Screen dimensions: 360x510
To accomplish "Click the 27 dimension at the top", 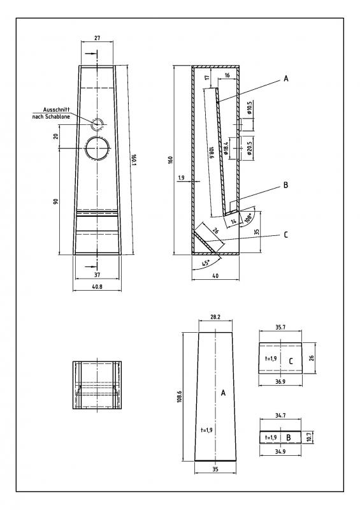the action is [97, 38].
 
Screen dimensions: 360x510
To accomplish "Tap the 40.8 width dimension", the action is [97, 286].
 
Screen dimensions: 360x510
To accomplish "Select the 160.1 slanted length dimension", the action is [134, 159].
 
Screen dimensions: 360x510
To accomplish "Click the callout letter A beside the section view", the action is [286, 78].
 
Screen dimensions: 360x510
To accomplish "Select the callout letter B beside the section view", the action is [286, 185].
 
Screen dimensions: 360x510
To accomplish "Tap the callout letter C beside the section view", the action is [286, 235].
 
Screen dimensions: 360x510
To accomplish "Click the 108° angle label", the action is [249, 217].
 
